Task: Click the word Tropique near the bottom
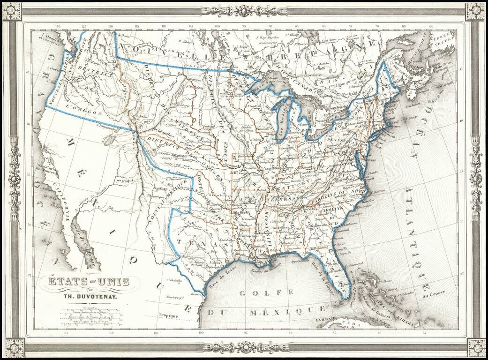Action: pyautogui.click(x=168, y=316)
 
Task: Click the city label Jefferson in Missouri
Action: pyautogui.click(x=238, y=172)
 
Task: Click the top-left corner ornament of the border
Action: pyautogui.click(x=12, y=11)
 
